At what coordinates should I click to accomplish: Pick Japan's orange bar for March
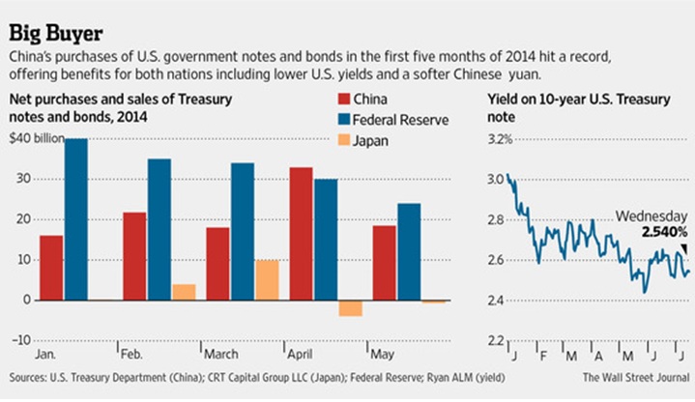(x=266, y=280)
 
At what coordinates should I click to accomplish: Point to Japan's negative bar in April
(x=350, y=307)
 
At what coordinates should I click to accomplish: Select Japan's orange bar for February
(x=184, y=292)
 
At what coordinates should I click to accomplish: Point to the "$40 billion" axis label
(x=36, y=138)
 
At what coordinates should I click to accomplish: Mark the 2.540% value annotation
(x=661, y=232)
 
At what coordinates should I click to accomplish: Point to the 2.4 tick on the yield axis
(x=492, y=301)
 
